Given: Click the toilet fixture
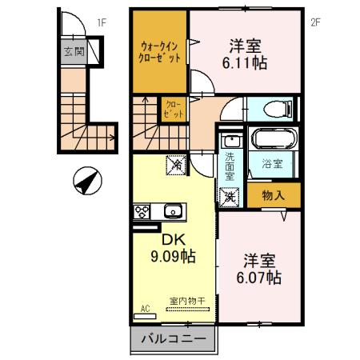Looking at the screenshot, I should point(277,110).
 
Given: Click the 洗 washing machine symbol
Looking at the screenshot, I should point(230,195).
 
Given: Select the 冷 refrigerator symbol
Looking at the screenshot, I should point(175,166).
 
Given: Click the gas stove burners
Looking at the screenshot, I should point(142,212).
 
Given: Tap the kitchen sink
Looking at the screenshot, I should point(173,212).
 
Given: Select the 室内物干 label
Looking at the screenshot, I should point(186,300).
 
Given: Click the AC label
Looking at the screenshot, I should point(146,307).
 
